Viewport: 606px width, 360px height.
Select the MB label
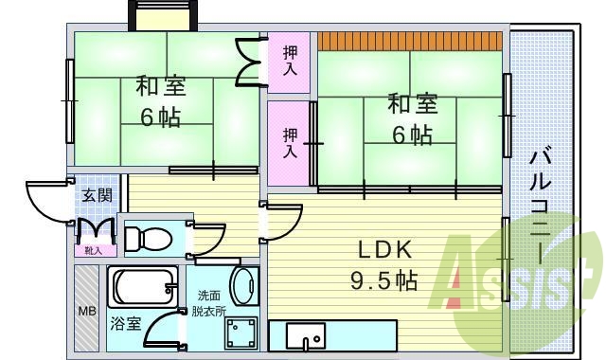click(x=86, y=310)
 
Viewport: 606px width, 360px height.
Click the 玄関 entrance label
click(x=97, y=196)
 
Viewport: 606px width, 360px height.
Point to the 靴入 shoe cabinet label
click(x=95, y=250)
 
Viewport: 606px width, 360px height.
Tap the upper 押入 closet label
click(x=290, y=62)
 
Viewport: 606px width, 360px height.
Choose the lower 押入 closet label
click(x=290, y=143)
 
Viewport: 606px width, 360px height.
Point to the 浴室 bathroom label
click(x=125, y=323)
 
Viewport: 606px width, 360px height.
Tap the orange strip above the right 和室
click(x=408, y=41)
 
